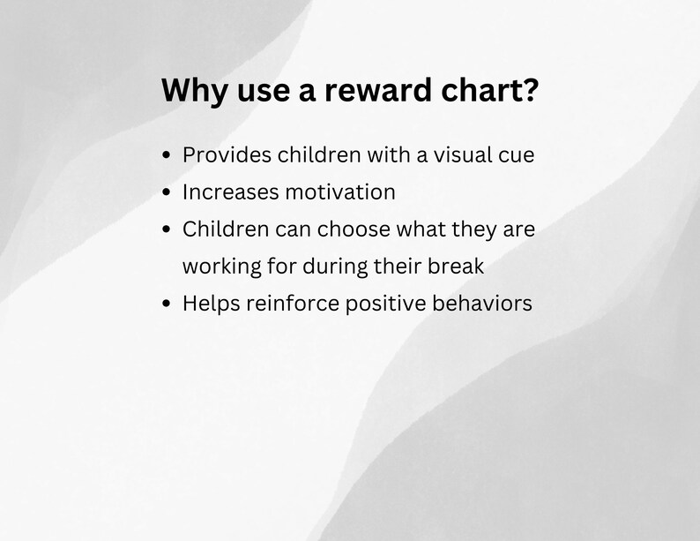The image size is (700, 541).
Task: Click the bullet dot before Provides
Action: coord(168,156)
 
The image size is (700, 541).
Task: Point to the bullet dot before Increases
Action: coord(168,193)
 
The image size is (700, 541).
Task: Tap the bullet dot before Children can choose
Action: coord(168,230)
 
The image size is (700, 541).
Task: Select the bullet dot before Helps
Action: coord(168,304)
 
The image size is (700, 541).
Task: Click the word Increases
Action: coord(231,192)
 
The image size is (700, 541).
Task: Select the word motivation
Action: coord(340,192)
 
